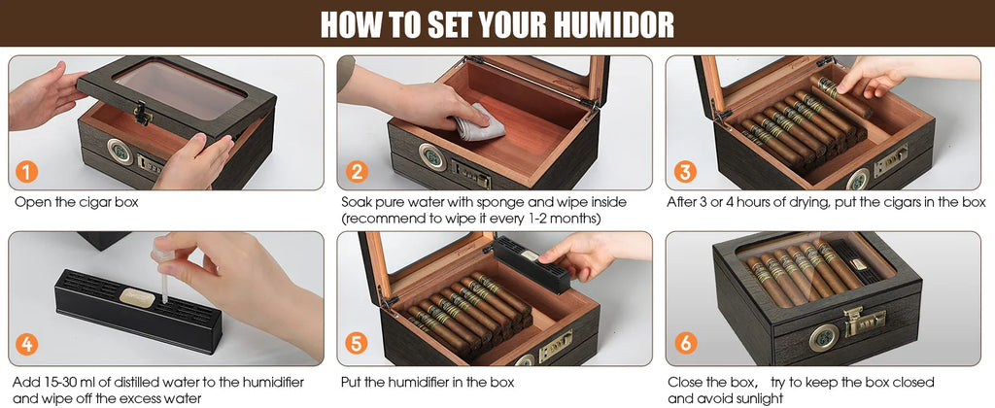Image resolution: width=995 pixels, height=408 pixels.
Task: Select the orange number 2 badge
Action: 358,173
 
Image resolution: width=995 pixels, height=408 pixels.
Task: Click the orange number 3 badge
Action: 686,173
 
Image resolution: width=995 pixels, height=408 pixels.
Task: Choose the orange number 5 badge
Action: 358,345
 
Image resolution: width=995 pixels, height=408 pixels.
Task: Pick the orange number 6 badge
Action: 686,345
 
